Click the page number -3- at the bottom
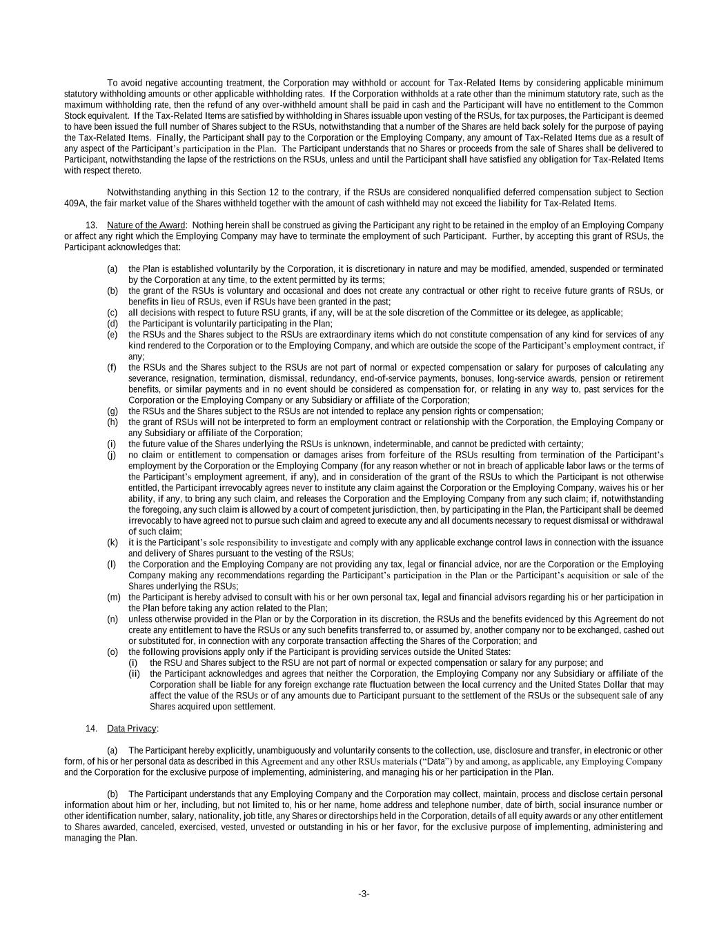click(x=364, y=894)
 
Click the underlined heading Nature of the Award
click(x=146, y=225)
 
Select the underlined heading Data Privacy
click(x=132, y=729)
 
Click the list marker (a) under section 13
click(x=112, y=268)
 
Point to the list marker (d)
click(x=112, y=324)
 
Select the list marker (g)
click(x=112, y=411)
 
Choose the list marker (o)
click(x=112, y=652)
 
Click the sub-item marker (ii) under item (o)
click(x=135, y=674)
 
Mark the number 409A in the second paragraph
click(x=75, y=204)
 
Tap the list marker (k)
click(x=112, y=542)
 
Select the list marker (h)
click(x=112, y=422)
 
